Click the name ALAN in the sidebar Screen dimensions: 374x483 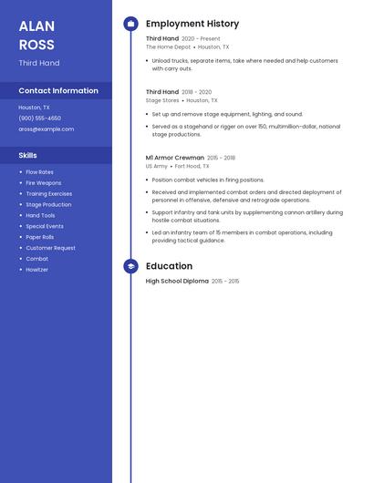pyautogui.click(x=36, y=26)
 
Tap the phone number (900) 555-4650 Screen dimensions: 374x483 pyautogui.click(x=39, y=118)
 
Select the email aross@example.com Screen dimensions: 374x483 pyautogui.click(x=46, y=129)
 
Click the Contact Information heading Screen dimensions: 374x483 pyautogui.click(x=58, y=91)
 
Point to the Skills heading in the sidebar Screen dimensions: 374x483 pyautogui.click(x=28, y=156)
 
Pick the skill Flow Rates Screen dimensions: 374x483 pyautogui.click(x=39, y=172)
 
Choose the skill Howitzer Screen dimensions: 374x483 pyautogui.click(x=36, y=270)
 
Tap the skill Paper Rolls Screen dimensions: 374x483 pyautogui.click(x=39, y=237)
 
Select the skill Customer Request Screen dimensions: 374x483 pyautogui.click(x=50, y=248)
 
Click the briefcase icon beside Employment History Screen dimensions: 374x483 pyautogui.click(x=130, y=24)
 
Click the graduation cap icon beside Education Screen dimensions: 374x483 pyautogui.click(x=130, y=266)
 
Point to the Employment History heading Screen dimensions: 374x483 pyautogui.click(x=192, y=24)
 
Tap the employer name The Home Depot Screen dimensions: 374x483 pyautogui.click(x=168, y=46)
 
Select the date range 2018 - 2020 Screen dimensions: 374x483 pyautogui.click(x=196, y=92)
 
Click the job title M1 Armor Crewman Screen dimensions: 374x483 pyautogui.click(x=174, y=158)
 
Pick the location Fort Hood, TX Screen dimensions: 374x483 pyautogui.click(x=192, y=167)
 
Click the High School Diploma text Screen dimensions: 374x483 pyautogui.click(x=177, y=282)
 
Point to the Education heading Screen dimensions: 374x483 pyautogui.click(x=169, y=266)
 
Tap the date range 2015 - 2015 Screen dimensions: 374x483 pyautogui.click(x=225, y=282)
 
